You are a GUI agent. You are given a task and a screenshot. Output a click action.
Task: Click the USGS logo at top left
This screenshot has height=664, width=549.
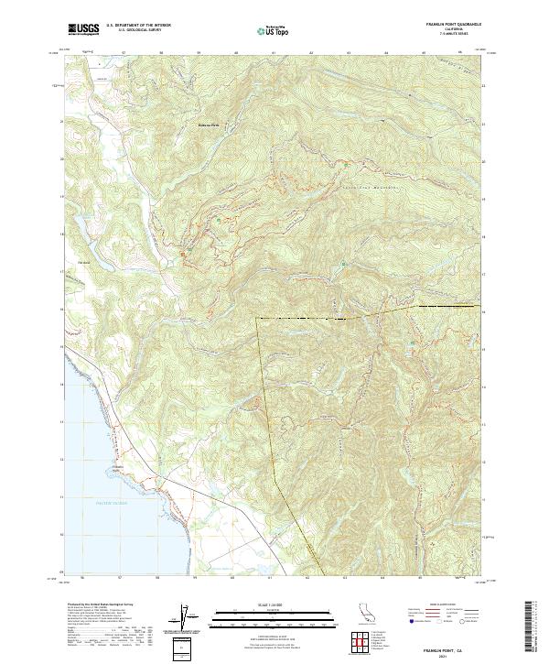(82, 29)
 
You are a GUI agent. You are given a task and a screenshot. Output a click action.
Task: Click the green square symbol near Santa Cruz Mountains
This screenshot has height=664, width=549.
(343, 264)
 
